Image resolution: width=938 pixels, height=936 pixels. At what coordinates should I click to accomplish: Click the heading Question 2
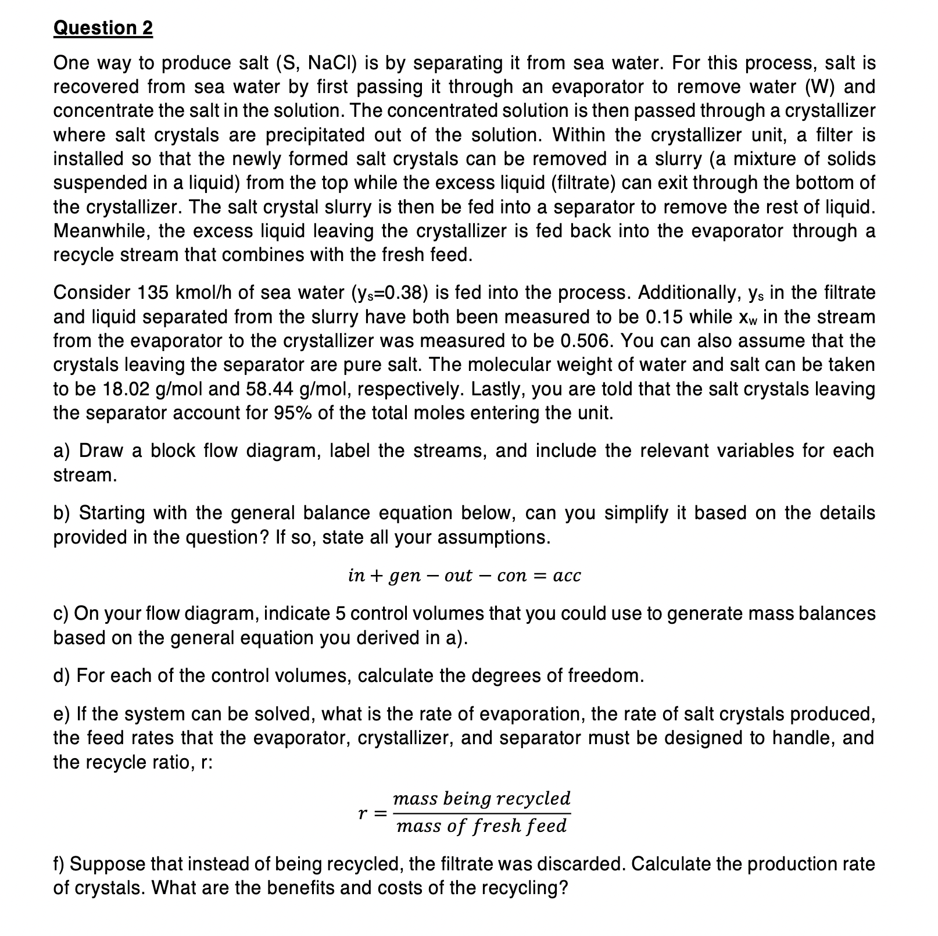(103, 28)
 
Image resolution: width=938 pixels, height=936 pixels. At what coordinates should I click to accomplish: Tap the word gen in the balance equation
(404, 576)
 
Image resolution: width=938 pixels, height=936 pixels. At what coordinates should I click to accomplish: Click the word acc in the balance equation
(567, 576)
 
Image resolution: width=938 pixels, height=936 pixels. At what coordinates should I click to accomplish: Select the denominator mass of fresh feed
(481, 826)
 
